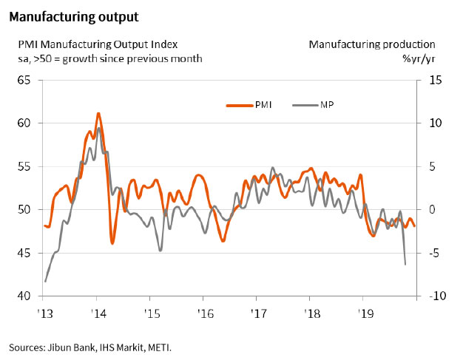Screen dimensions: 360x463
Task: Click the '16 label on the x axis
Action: [203, 313]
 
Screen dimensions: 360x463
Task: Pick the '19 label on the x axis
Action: [362, 313]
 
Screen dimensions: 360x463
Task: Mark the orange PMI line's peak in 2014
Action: [98, 113]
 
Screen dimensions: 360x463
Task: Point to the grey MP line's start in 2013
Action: [46, 281]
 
